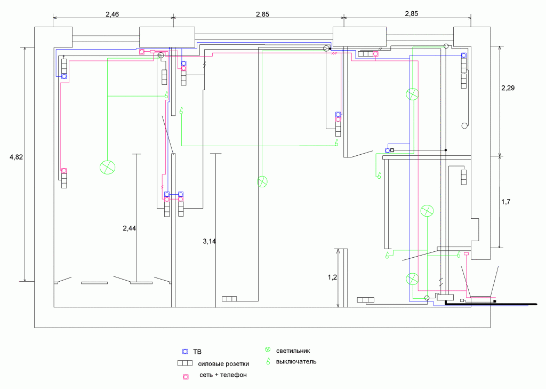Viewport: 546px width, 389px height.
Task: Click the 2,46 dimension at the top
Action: click(x=112, y=14)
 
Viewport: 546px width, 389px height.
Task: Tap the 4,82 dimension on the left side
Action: click(x=17, y=157)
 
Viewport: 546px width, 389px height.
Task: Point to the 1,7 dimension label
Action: click(x=507, y=202)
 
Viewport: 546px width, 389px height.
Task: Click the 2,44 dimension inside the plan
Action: click(x=130, y=228)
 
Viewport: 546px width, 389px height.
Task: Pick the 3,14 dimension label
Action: click(x=210, y=241)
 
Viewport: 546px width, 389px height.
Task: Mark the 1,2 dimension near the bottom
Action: click(x=332, y=277)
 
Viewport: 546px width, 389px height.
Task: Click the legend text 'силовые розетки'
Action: click(x=223, y=364)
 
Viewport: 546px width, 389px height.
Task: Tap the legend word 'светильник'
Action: click(x=293, y=351)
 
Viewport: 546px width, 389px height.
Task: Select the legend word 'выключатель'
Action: click(x=296, y=362)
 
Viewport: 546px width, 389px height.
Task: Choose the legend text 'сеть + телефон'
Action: click(x=223, y=376)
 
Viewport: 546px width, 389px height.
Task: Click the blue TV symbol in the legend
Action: click(x=185, y=352)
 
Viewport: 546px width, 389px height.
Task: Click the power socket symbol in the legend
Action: click(x=184, y=363)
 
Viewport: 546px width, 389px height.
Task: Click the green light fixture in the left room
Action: click(x=107, y=167)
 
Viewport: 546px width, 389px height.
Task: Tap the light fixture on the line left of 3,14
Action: click(x=262, y=181)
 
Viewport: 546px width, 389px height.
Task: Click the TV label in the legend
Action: click(x=197, y=352)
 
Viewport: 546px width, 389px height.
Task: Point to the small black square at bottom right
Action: click(x=495, y=302)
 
